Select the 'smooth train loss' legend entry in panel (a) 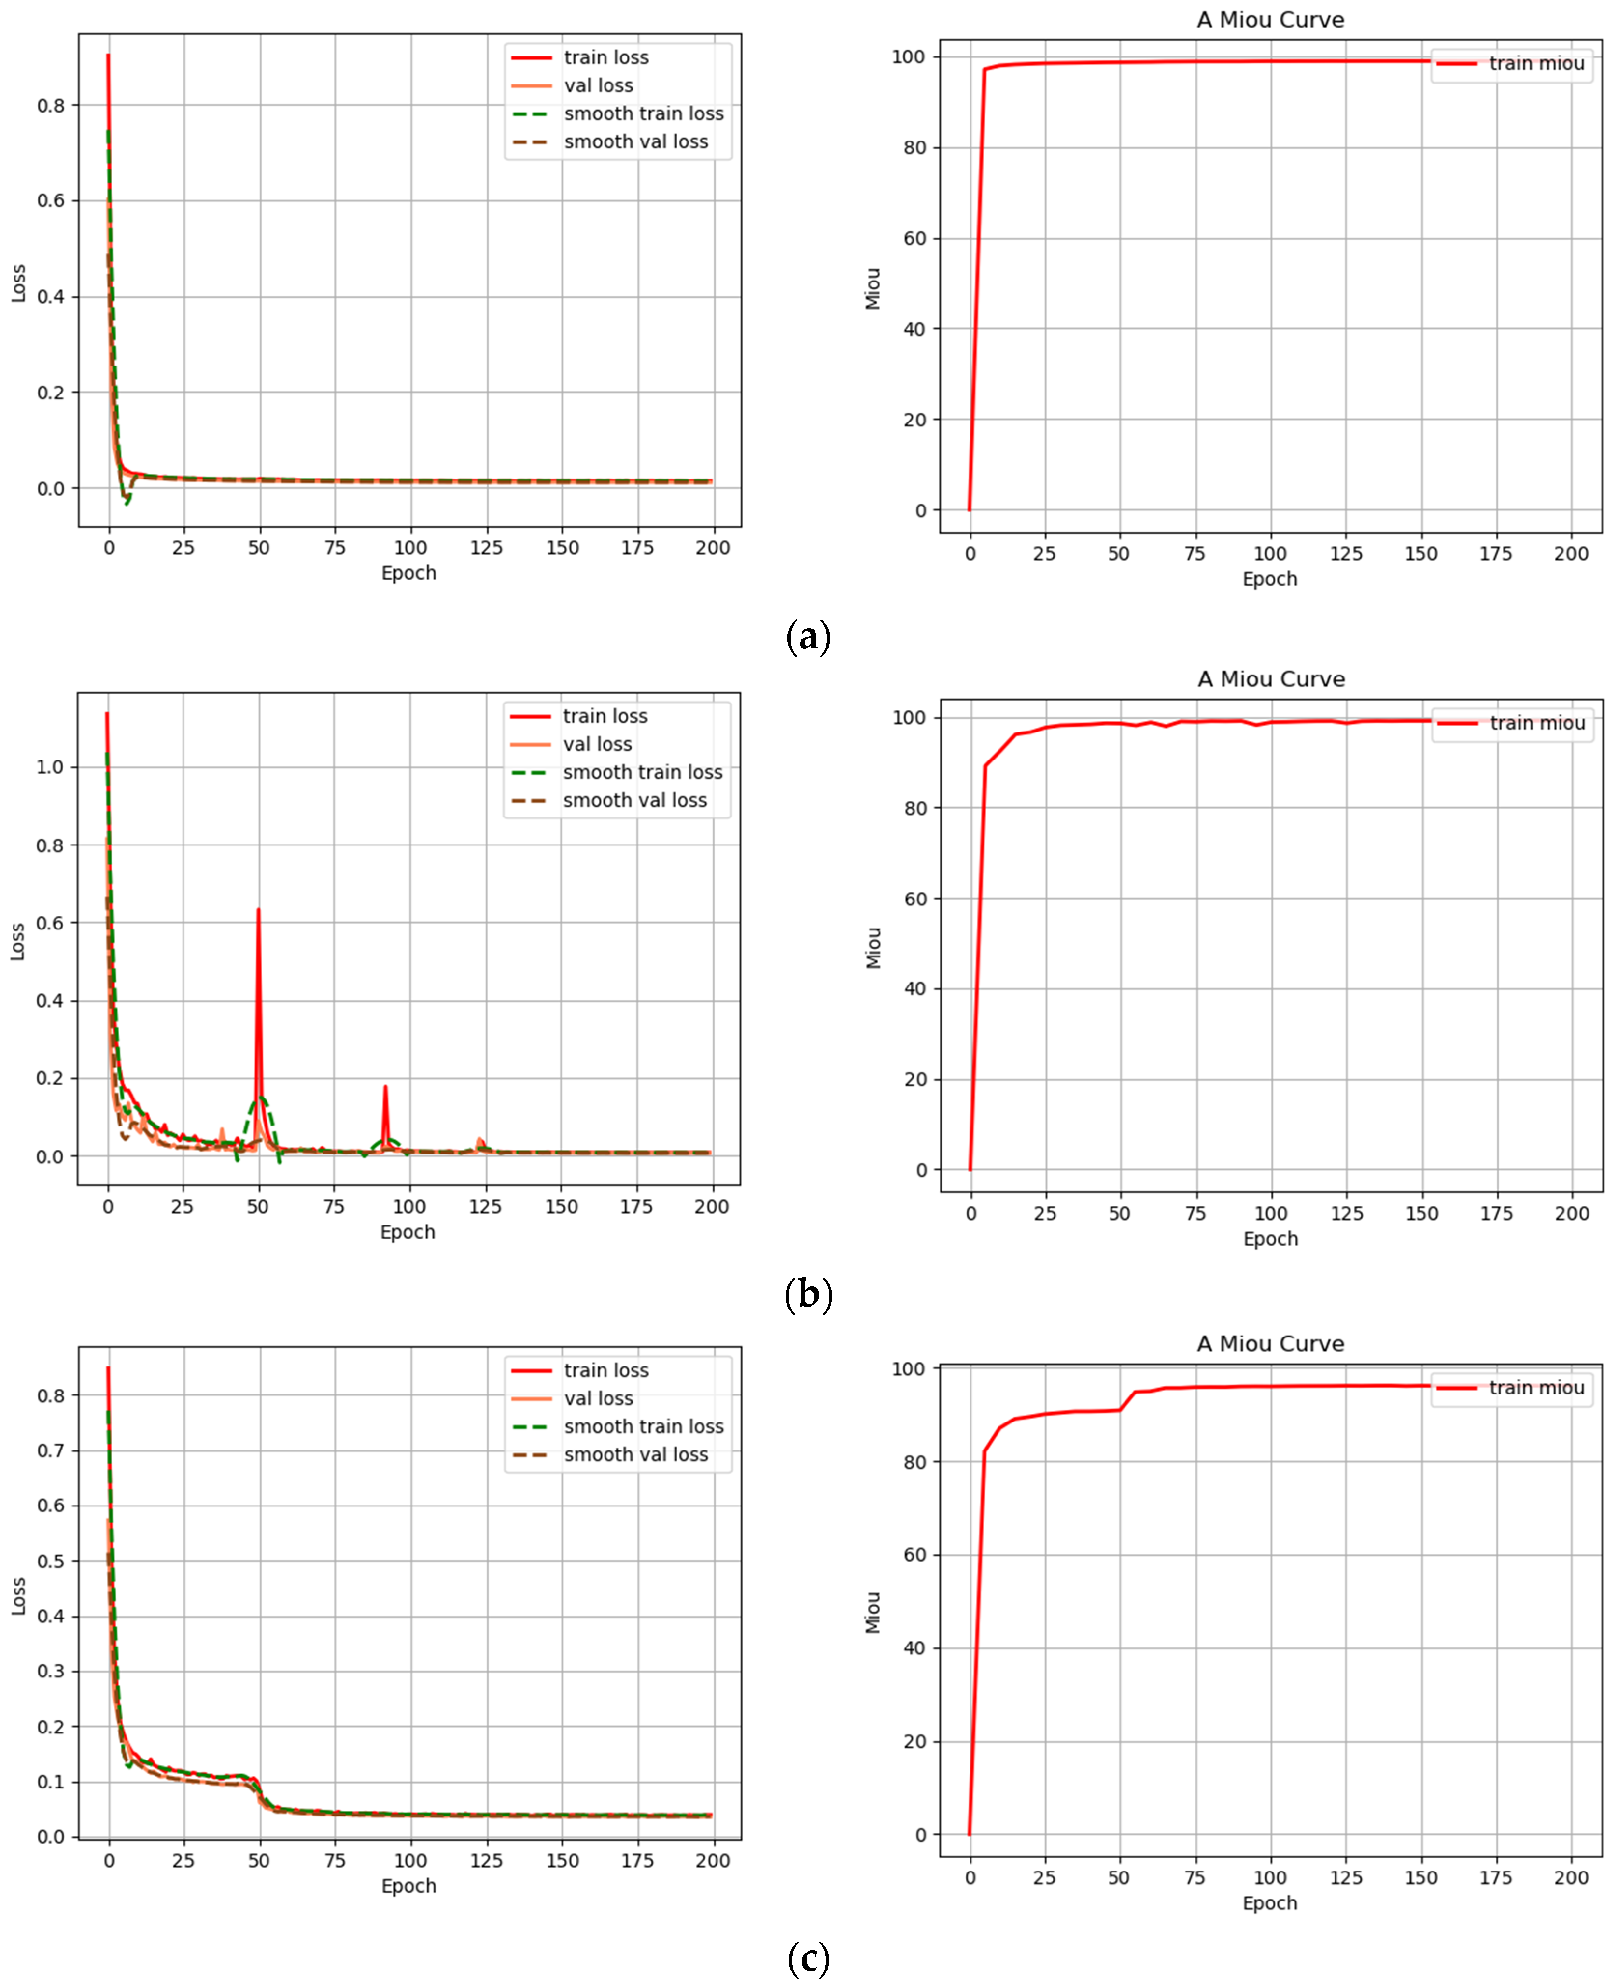click(x=643, y=113)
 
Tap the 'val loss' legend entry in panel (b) click(x=597, y=744)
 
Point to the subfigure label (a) click(x=808, y=637)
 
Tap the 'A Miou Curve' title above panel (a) click(x=1270, y=20)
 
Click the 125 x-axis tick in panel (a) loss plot click(x=486, y=548)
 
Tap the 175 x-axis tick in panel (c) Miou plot click(x=1496, y=1878)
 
